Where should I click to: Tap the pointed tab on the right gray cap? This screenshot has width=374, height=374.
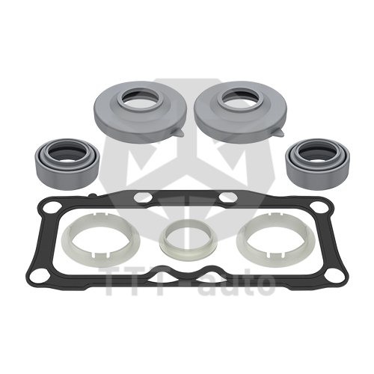[x=279, y=132]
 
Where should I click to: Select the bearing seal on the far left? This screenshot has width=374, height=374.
[x=67, y=172]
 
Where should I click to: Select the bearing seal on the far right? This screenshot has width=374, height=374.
[x=317, y=172]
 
